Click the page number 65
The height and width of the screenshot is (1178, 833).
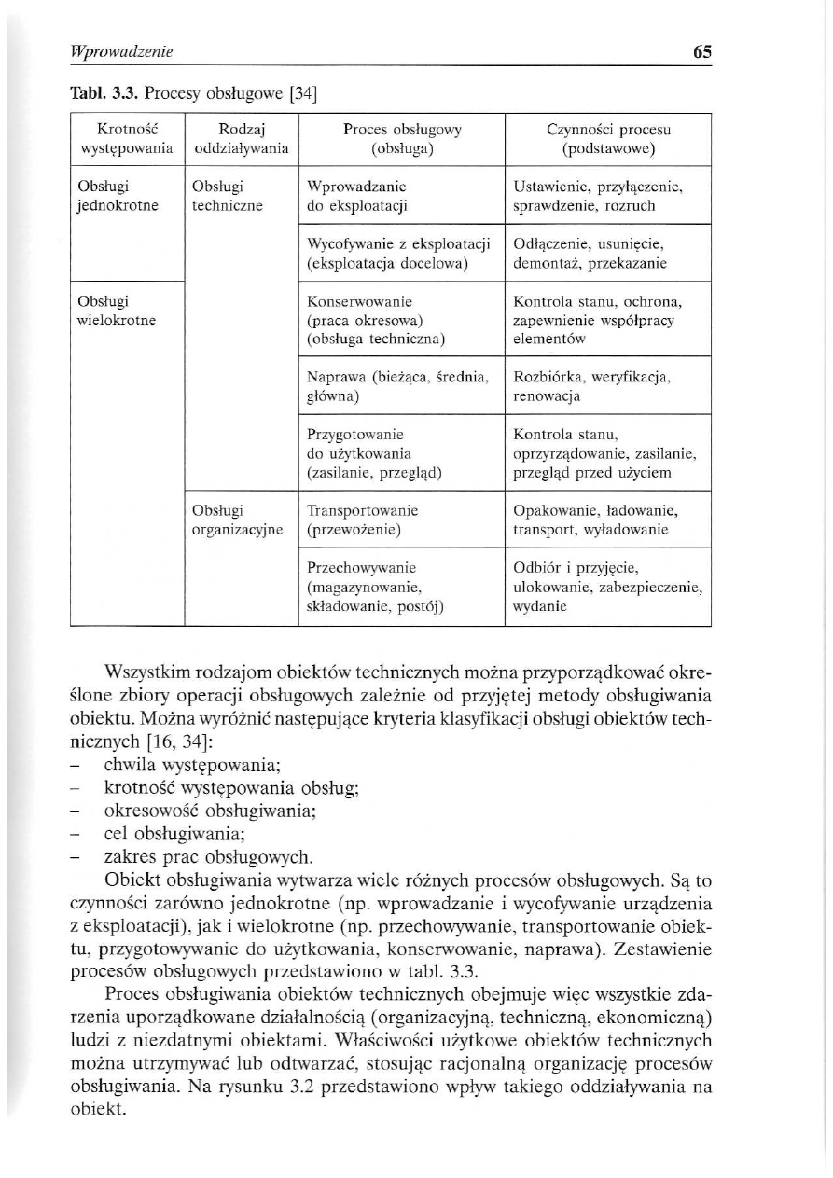702,53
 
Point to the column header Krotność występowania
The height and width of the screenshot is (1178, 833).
123,139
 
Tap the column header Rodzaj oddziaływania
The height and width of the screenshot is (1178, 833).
240,139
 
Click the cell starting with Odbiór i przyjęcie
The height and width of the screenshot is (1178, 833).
607,587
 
